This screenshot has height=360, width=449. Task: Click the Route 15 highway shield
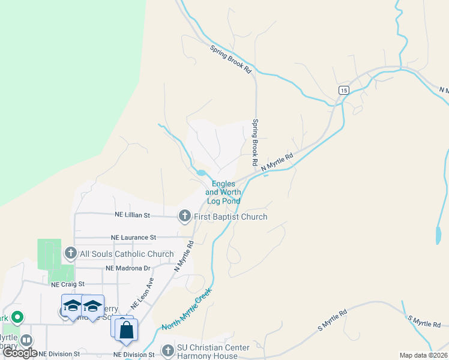coord(343,90)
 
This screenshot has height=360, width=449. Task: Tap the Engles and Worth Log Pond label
coord(223,193)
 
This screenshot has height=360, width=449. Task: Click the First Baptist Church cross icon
coord(185,216)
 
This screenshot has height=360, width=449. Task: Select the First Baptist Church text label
coord(231,217)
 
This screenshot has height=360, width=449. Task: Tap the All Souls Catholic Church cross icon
coord(70,253)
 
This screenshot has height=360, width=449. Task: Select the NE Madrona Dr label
coord(127,268)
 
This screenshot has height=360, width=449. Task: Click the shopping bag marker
coord(127,329)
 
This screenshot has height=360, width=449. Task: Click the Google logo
coord(20,353)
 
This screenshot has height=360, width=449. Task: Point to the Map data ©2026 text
coord(423,355)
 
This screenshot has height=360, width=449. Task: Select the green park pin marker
coord(17,316)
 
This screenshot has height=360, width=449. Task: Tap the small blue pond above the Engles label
coord(201,173)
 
